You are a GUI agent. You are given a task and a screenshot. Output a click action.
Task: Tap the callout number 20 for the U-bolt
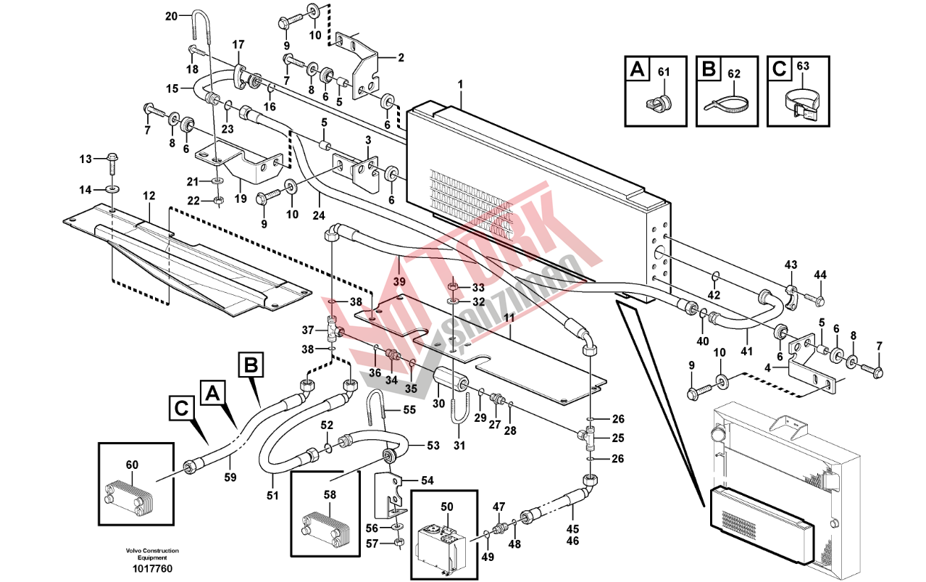(x=171, y=16)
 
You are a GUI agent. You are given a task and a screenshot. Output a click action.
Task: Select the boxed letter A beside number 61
(x=637, y=70)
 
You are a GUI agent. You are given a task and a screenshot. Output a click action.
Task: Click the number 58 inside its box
(x=330, y=494)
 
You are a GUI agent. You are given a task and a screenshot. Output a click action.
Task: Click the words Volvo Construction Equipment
(x=151, y=554)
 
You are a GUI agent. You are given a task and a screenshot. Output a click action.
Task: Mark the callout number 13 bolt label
(x=85, y=159)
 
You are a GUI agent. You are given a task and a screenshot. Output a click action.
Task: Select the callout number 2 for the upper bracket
(x=401, y=57)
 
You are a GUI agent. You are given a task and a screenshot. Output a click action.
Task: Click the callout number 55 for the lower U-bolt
(x=409, y=410)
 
